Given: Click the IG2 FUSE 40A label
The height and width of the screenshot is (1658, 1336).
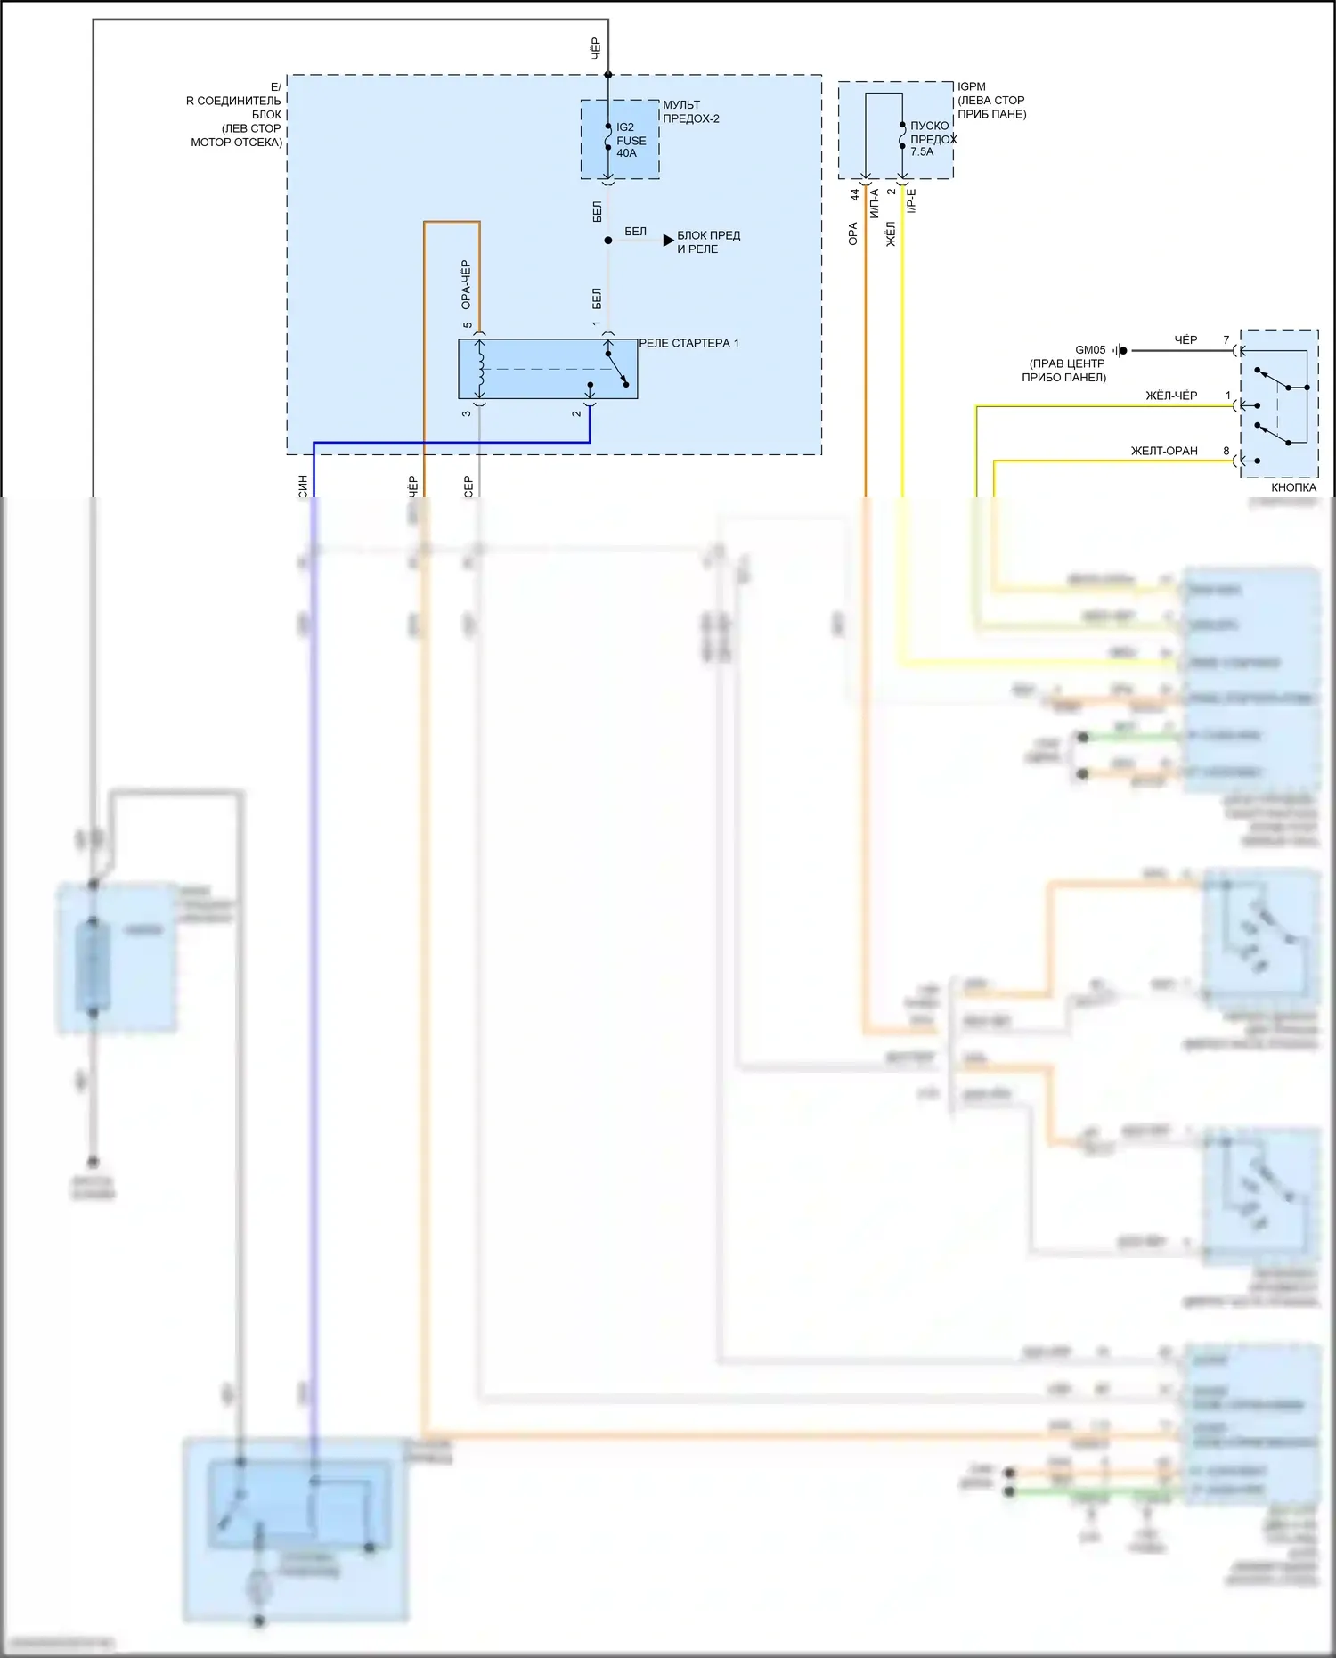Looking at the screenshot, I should [x=631, y=140].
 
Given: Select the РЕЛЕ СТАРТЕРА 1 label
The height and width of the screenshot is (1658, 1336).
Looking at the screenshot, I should [x=688, y=343].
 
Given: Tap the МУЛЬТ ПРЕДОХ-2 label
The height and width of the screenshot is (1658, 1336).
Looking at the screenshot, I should [x=690, y=111].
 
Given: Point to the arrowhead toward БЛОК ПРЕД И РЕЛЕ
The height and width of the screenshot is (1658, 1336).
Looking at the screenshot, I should [x=668, y=241].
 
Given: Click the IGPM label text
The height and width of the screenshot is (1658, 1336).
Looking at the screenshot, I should [x=971, y=86].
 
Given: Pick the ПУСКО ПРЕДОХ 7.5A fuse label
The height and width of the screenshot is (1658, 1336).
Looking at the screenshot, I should [x=932, y=139].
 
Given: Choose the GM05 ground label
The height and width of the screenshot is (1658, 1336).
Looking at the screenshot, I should [x=1089, y=350].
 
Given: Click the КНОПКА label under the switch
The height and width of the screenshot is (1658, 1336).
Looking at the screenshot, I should [x=1293, y=487].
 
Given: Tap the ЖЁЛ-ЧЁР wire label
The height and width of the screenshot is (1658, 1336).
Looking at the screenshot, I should [x=1170, y=396].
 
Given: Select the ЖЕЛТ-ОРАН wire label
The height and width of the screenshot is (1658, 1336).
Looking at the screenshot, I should [x=1163, y=451].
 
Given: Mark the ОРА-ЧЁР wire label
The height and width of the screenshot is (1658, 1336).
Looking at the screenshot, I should [x=466, y=284].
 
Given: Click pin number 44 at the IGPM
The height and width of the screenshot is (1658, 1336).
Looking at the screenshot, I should [x=854, y=194].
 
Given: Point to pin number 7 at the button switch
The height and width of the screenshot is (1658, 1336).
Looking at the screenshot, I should [x=1226, y=340].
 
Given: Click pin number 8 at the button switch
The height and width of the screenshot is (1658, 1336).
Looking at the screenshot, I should [x=1226, y=451].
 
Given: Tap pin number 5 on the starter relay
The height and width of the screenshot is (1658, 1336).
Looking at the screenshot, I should [x=468, y=326].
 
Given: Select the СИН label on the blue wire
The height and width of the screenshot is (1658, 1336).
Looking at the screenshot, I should [x=303, y=486].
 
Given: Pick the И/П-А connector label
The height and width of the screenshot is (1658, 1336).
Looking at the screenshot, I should [x=875, y=203].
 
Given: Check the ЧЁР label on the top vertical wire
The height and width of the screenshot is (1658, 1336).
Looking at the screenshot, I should [x=596, y=48].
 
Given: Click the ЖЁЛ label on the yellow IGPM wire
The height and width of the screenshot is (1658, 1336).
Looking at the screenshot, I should [x=891, y=233].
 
